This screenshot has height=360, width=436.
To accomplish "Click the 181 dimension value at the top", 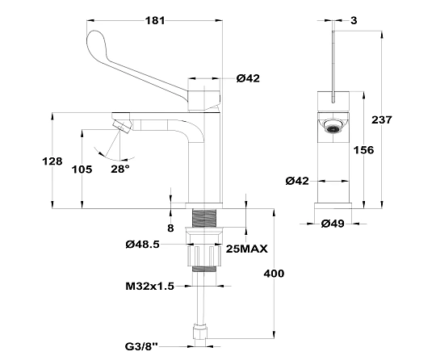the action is [x=155, y=20].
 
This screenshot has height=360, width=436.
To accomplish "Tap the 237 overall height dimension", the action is [x=382, y=119].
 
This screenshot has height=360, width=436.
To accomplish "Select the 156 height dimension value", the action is [x=363, y=150].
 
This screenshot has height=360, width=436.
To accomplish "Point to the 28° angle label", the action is [x=120, y=169].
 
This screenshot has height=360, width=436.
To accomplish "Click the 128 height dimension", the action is [x=52, y=161].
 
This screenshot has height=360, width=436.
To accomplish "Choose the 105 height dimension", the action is [x=82, y=169].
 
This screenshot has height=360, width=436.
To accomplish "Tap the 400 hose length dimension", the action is [x=274, y=274].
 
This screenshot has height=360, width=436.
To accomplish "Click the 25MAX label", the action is [x=246, y=249].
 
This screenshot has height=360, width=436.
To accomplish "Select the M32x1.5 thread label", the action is [x=150, y=286].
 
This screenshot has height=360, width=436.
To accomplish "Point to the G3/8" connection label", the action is [x=141, y=346].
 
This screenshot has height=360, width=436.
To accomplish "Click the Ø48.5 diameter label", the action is [x=143, y=245].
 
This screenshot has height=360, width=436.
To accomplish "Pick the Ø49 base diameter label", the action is [x=333, y=224].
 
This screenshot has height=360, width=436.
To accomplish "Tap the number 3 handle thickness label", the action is [x=354, y=20].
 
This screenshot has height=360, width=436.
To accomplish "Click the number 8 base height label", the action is [x=170, y=228].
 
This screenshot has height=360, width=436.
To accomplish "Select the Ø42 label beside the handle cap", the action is [x=248, y=78].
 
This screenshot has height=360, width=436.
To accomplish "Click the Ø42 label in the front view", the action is [x=297, y=182].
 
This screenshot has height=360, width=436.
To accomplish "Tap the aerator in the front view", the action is [x=333, y=126].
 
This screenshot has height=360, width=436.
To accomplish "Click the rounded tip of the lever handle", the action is [x=94, y=39].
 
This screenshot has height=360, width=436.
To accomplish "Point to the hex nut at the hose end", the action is [x=200, y=331].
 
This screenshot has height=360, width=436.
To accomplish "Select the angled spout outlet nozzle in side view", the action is [x=123, y=127].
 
